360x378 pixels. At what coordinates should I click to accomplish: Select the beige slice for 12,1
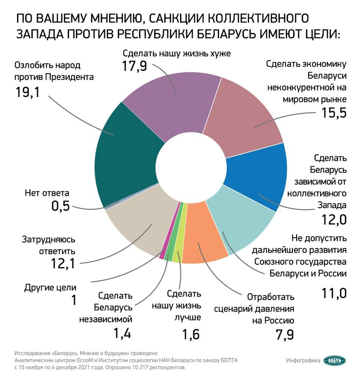[x=137, y=219]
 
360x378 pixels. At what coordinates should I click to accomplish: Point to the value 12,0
[x=334, y=219]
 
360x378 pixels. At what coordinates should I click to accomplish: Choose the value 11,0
[x=334, y=293]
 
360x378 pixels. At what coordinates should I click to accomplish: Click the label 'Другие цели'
[x=51, y=287]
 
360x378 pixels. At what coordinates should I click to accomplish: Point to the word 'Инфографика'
[x=303, y=361]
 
